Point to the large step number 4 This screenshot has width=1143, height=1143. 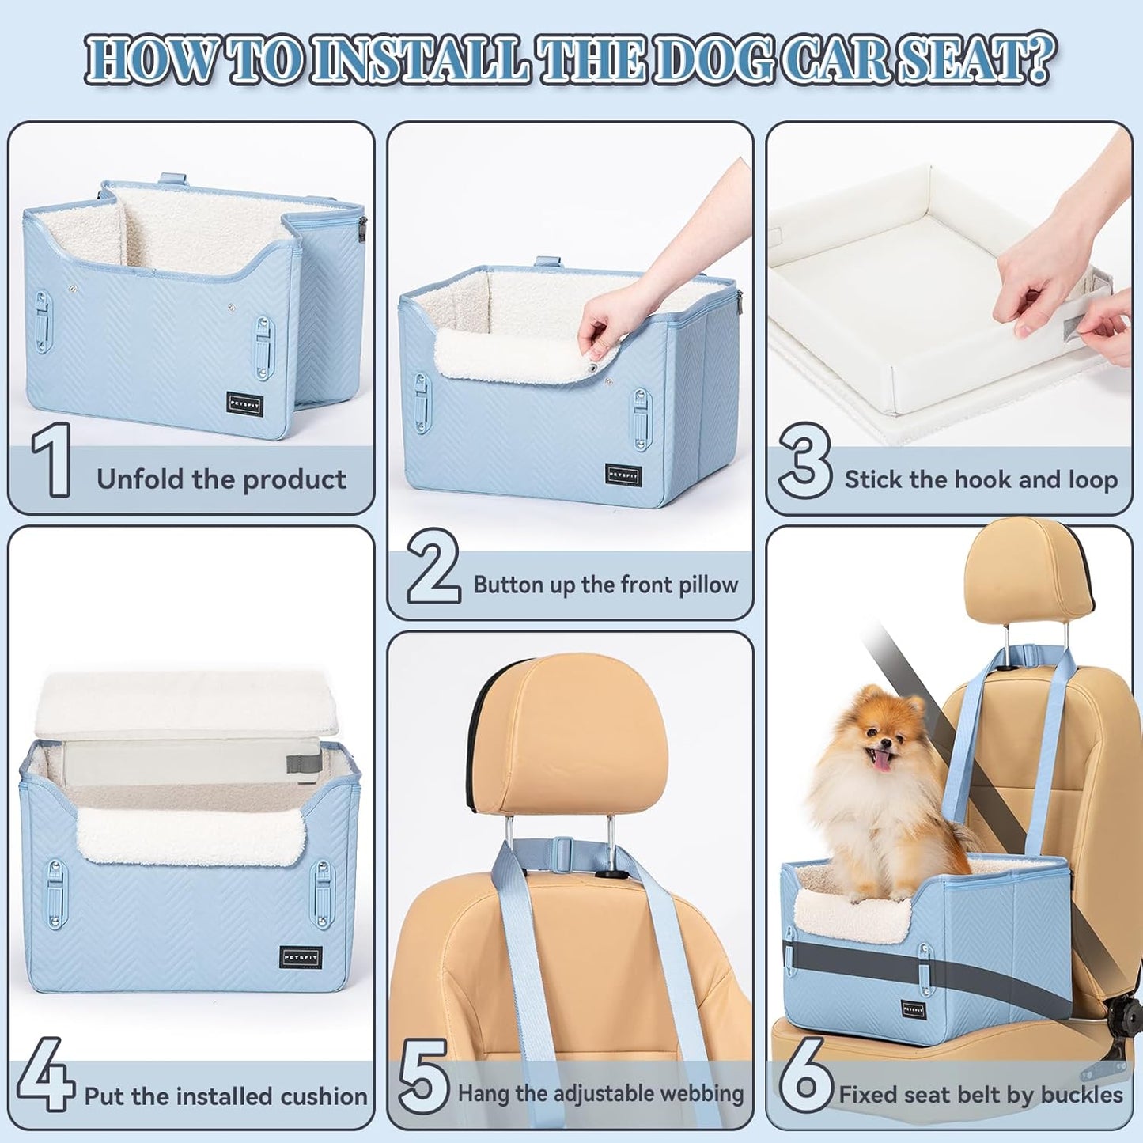(46, 1074)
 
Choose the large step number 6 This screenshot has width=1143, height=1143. (805, 1076)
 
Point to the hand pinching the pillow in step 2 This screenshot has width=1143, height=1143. (601, 324)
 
